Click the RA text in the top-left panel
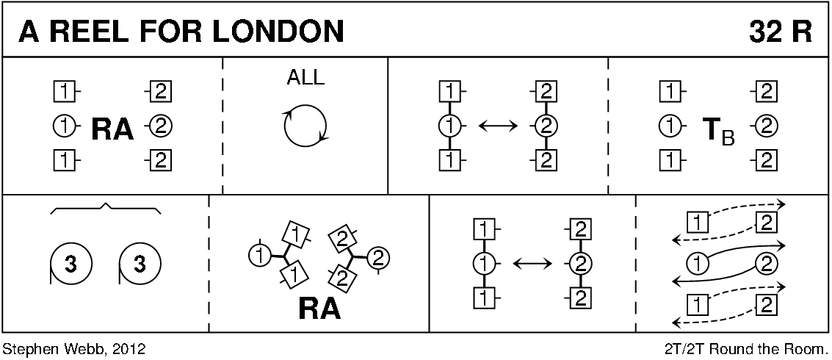click(112, 129)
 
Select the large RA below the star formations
click(319, 309)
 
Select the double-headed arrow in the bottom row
click(530, 262)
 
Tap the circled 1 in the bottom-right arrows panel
click(697, 262)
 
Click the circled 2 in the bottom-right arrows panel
click(766, 262)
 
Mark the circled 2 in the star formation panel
click(379, 256)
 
